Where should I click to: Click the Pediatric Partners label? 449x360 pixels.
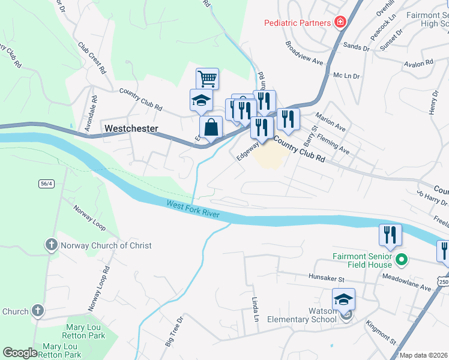point(298,23)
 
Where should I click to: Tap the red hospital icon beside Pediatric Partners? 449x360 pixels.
point(340,22)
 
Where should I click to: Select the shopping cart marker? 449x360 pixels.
point(207,78)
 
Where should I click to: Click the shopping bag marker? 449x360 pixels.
point(211,127)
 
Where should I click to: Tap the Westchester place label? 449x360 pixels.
point(131,128)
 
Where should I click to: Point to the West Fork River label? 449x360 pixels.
point(193,211)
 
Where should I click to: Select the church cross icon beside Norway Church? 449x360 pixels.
point(51,245)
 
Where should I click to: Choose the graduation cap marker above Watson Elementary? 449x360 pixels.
point(344,299)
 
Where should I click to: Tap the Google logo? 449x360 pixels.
point(20,353)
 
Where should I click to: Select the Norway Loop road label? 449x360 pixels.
point(89,218)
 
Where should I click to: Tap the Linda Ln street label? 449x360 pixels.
point(255,308)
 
